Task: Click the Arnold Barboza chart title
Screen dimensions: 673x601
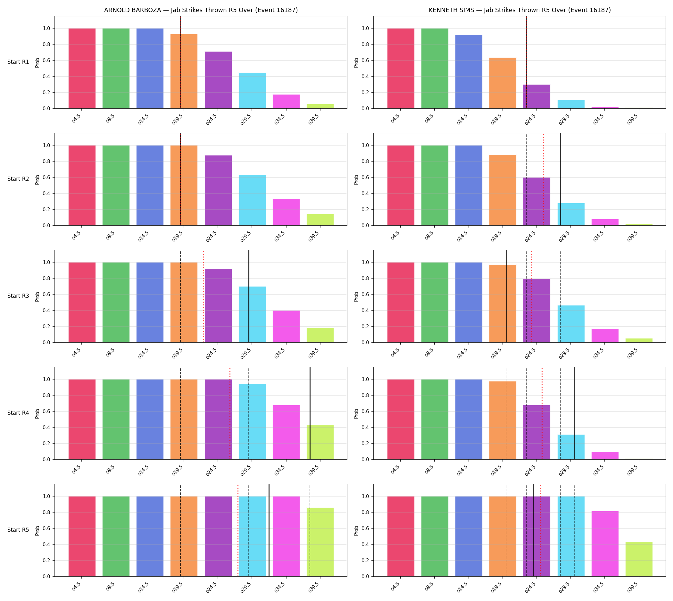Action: coord(201,10)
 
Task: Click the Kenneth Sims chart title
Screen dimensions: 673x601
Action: coord(519,10)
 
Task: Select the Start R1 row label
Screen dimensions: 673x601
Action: coord(18,62)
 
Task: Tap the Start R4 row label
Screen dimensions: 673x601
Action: coord(18,413)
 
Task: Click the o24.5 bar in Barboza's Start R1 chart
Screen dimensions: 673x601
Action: coord(218,80)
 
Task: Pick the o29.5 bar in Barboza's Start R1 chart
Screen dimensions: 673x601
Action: coord(252,90)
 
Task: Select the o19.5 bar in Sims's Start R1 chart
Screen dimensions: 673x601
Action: coord(503,83)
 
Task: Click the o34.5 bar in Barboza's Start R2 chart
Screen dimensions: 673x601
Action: coord(286,212)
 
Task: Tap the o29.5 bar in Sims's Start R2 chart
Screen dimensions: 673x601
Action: coord(571,214)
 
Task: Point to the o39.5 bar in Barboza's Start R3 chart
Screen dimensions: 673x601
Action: coord(320,335)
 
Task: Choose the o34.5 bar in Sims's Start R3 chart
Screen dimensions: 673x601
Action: coord(605,336)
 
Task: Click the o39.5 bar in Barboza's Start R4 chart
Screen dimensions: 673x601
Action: coord(320,442)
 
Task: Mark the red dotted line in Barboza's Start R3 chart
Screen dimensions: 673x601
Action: coord(204,296)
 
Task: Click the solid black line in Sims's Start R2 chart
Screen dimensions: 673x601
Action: coord(561,179)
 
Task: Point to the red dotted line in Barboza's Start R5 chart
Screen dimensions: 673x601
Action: coord(238,530)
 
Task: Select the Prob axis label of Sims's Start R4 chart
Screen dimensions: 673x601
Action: coord(356,414)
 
